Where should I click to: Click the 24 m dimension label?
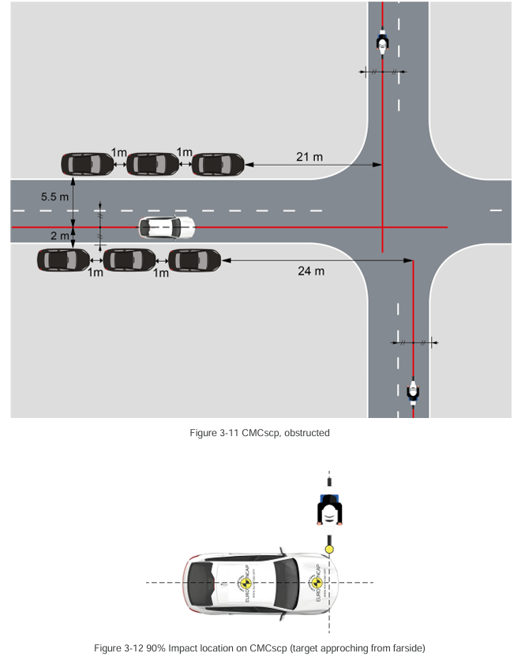(x=311, y=271)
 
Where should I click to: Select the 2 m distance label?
(x=59, y=236)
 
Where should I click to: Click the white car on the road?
(x=167, y=228)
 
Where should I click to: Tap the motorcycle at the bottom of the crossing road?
(x=412, y=390)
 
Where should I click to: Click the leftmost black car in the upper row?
(x=88, y=164)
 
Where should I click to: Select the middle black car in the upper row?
(x=152, y=164)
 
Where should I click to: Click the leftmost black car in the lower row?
(x=64, y=259)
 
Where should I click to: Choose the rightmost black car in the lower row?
(x=195, y=259)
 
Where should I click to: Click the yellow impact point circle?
(x=329, y=549)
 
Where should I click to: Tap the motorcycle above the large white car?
(x=328, y=510)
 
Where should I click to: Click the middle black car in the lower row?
(x=129, y=259)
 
